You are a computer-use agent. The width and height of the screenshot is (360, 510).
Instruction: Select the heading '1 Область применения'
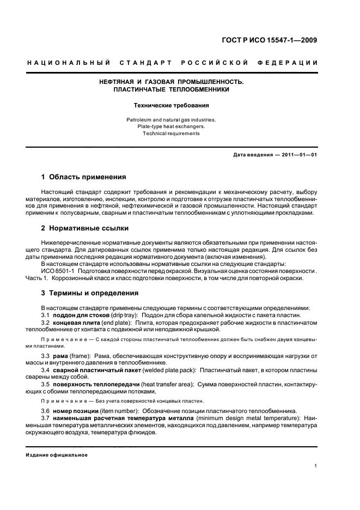pos(84,177)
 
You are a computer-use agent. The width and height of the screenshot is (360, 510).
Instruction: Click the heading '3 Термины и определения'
pos(90,293)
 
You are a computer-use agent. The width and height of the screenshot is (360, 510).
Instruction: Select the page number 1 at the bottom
pos(316,466)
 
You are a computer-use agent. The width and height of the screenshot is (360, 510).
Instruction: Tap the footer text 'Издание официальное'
pos(57,454)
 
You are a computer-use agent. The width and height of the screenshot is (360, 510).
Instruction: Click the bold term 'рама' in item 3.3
pos(60,356)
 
